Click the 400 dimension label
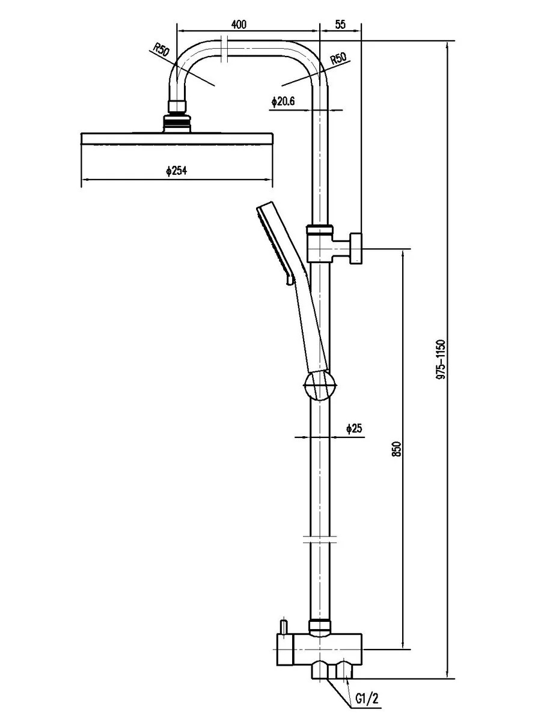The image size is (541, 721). point(239,25)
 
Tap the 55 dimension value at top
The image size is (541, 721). point(341,25)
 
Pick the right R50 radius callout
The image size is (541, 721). point(338,59)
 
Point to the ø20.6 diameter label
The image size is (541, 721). point(283,102)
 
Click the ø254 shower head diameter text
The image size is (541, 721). point(176,171)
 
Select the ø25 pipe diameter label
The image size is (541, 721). point(354,428)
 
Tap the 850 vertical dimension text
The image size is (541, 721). point(397,449)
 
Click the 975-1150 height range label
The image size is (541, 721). point(441,360)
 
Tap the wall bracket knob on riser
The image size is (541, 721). point(356,248)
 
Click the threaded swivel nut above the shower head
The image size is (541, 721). point(177,123)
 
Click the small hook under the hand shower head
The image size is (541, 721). point(289,280)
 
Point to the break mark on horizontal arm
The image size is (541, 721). point(225,49)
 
